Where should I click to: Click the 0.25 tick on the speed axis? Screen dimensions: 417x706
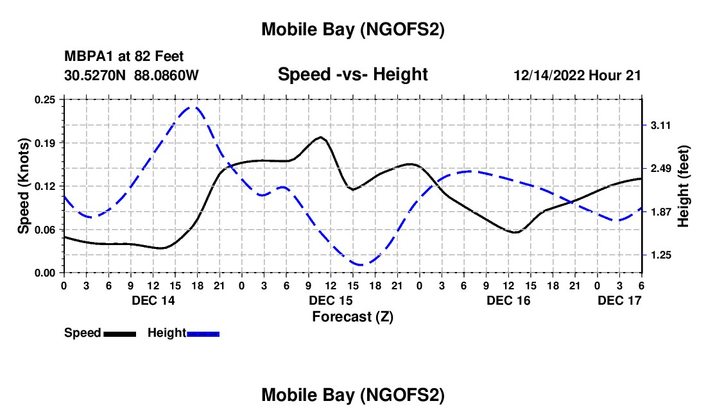[x=46, y=99]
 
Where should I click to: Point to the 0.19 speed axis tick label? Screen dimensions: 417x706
[x=46, y=142]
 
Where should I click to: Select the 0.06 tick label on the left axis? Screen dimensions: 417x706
[x=46, y=229]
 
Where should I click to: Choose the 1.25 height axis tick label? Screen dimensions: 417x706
[x=660, y=255]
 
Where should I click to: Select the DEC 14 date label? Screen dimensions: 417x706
[x=153, y=300]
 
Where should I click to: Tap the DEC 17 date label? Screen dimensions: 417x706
[x=620, y=300]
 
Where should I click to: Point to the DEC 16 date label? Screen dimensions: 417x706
[x=508, y=300]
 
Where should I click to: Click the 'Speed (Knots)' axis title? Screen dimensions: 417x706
[x=24, y=186]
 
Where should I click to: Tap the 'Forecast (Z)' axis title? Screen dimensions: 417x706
[x=352, y=316]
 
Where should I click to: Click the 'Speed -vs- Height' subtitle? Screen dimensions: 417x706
[x=352, y=74]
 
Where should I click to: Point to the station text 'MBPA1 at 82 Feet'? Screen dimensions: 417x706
[x=124, y=57]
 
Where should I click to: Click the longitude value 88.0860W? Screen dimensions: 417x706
[x=166, y=75]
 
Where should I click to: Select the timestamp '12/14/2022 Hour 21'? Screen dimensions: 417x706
[x=577, y=75]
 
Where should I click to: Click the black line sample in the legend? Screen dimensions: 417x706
[x=119, y=334]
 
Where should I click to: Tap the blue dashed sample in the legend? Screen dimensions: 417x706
[x=203, y=334]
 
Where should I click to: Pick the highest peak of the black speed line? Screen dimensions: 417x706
[x=320, y=137]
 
